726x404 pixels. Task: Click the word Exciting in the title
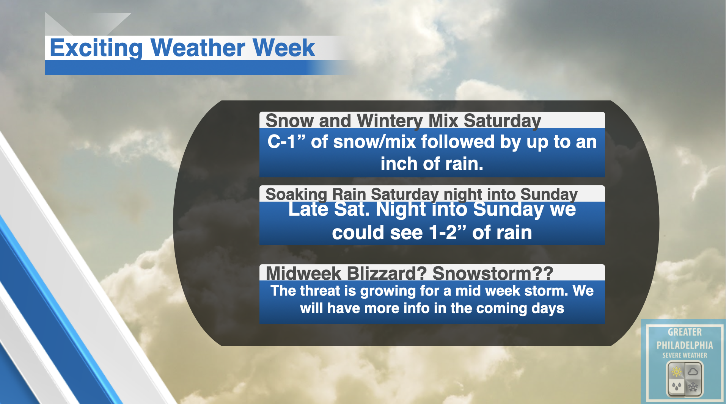coord(96,49)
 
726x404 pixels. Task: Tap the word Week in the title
coord(284,48)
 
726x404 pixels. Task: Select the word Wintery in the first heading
coord(390,121)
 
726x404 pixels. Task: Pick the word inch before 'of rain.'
coord(399,163)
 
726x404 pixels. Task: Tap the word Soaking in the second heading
coord(296,194)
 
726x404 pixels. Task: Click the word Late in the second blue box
coord(308,209)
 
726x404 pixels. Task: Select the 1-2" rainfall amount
coord(448,232)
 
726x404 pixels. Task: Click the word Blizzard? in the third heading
coord(387,273)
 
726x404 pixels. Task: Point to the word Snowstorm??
coord(493,273)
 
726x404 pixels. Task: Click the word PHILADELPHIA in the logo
coord(685,345)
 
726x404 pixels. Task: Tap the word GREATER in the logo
coord(685,332)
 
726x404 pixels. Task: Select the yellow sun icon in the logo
coord(677,372)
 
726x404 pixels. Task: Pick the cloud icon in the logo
coord(693,371)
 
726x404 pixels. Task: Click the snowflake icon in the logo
coord(693,387)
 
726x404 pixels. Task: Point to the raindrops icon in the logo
coord(677,387)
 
